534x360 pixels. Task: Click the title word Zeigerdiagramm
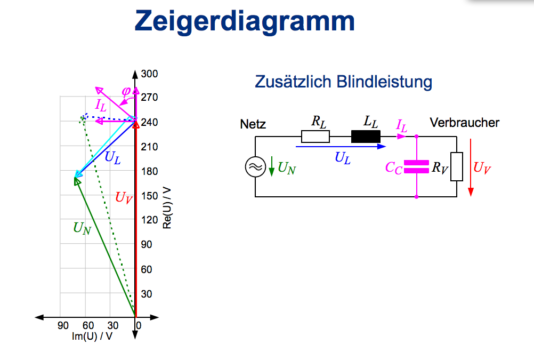(245, 21)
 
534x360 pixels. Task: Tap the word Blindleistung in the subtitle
(384, 82)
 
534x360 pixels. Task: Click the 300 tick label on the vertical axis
(149, 74)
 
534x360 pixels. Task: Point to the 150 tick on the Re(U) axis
(150, 196)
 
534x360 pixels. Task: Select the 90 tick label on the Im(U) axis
(63, 325)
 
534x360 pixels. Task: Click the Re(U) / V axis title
(167, 207)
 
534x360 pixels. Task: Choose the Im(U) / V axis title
(92, 336)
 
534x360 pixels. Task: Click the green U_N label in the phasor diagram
(82, 228)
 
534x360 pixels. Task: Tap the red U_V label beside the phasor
(124, 197)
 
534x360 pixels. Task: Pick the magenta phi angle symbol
(126, 91)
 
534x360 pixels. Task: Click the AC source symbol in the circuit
(255, 167)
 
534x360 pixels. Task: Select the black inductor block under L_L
(366, 137)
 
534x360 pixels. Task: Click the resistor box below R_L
(315, 137)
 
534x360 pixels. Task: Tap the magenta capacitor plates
(416, 167)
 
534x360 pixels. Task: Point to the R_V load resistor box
(457, 166)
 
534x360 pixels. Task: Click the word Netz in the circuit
(253, 124)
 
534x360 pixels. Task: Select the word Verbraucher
(465, 123)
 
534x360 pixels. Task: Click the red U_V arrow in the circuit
(471, 167)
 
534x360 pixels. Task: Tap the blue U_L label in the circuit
(342, 158)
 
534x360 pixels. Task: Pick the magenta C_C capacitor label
(394, 167)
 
